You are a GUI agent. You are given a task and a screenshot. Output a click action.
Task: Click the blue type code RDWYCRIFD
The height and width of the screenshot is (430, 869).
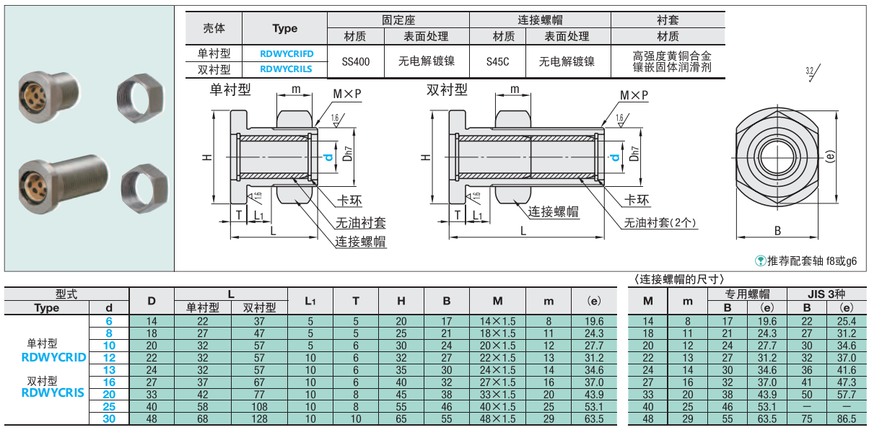pyautogui.click(x=286, y=53)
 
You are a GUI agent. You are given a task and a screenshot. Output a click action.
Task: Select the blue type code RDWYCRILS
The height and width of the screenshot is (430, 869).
pyautogui.click(x=286, y=69)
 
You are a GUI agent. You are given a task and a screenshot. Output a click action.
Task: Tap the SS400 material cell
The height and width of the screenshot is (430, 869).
pyautogui.click(x=356, y=62)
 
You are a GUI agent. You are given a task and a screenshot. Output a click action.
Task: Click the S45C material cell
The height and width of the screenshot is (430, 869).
pyautogui.click(x=498, y=62)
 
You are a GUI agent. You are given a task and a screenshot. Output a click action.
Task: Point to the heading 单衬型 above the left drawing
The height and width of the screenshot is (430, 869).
pyautogui.click(x=230, y=89)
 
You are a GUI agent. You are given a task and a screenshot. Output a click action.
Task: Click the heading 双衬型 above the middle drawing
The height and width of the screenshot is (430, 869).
pyautogui.click(x=447, y=89)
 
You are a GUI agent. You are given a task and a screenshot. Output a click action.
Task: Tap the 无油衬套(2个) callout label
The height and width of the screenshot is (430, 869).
pyautogui.click(x=660, y=223)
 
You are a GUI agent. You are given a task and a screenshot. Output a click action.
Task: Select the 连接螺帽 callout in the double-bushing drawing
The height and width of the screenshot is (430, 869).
pyautogui.click(x=554, y=211)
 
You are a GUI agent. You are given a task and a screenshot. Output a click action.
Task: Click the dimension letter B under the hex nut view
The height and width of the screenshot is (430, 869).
pyautogui.click(x=777, y=231)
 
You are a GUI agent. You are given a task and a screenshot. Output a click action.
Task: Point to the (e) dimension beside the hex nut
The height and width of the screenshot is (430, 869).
pyautogui.click(x=830, y=157)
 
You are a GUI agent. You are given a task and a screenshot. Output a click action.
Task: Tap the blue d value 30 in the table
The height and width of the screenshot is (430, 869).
pyautogui.click(x=108, y=418)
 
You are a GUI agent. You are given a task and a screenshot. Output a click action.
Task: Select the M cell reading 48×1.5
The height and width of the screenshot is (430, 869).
pyautogui.click(x=497, y=418)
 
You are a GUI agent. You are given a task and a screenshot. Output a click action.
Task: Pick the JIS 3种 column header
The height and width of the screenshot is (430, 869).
pyautogui.click(x=826, y=294)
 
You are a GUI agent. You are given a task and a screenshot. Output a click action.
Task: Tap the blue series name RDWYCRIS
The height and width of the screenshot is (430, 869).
pyautogui.click(x=53, y=393)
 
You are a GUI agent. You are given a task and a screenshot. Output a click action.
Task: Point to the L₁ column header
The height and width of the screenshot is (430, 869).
pyautogui.click(x=310, y=301)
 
